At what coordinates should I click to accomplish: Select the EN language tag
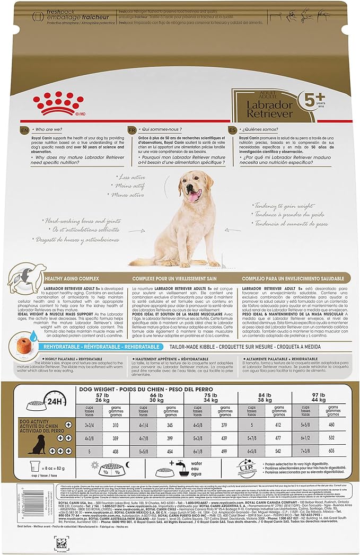tap(24, 129)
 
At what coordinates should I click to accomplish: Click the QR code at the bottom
tap(62, 543)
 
